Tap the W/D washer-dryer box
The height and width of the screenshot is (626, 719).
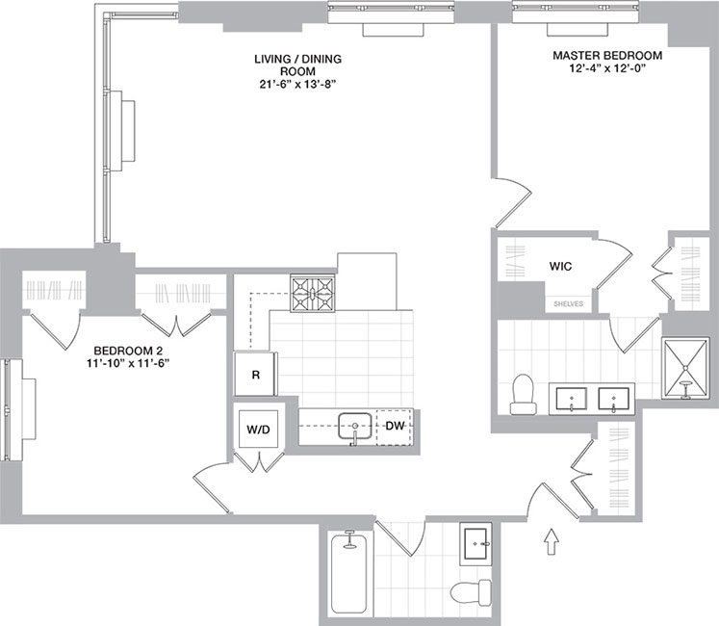258,430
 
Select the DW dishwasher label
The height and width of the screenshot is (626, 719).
395,426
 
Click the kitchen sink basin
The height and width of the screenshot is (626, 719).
355,425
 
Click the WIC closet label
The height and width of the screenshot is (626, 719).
562,266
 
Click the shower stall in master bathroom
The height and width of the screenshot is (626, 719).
686,369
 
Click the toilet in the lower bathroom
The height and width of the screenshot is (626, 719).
470,589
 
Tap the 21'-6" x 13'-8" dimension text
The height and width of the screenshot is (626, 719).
297,85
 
